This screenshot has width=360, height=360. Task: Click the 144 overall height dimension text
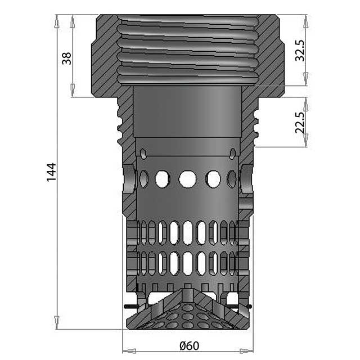coord(51,172)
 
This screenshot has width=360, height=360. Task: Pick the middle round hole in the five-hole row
coord(187,179)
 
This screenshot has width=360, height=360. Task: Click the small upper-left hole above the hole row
coord(144,154)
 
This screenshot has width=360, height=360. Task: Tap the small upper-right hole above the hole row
coord(232,153)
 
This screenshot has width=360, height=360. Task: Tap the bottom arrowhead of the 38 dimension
coord(73,91)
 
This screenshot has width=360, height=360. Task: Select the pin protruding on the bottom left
coord(129,307)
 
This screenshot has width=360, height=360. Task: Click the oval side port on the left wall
coord(129,179)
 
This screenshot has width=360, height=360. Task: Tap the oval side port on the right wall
coord(246,179)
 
